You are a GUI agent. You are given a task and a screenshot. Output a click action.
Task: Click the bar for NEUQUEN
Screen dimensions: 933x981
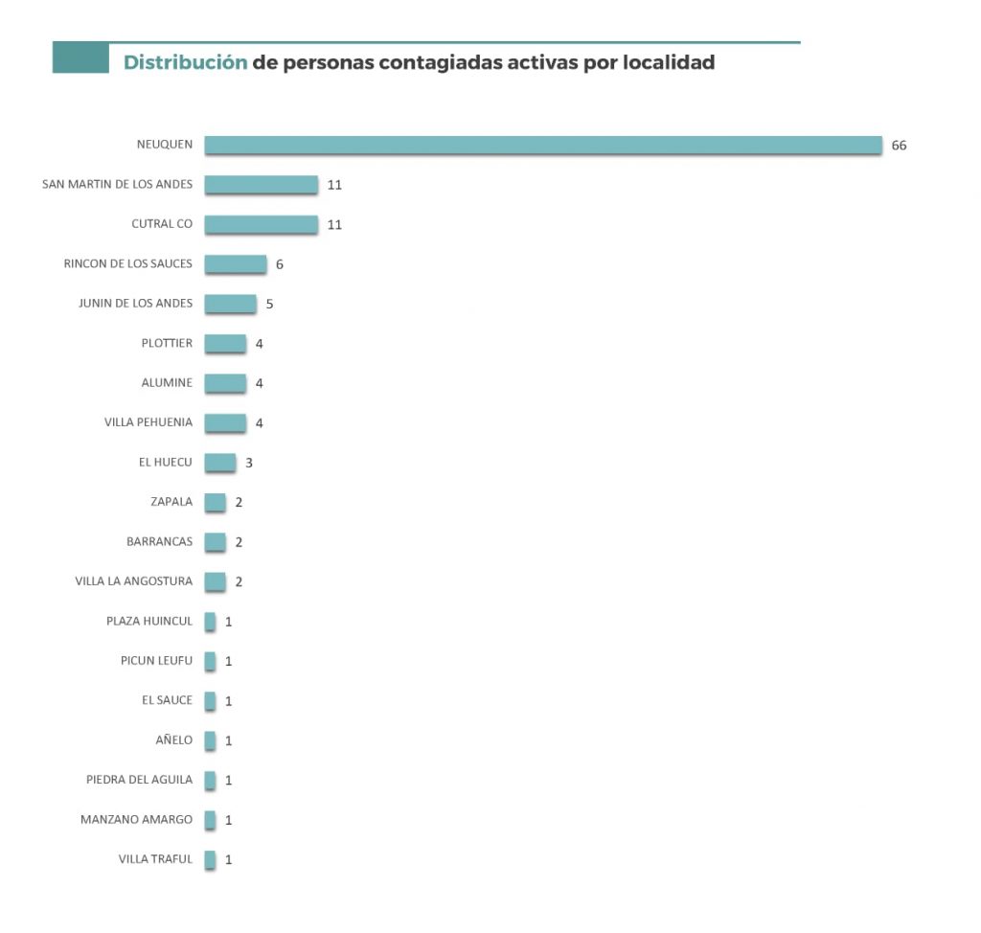542,145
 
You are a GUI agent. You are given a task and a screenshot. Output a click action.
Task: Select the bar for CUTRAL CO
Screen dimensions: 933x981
261,224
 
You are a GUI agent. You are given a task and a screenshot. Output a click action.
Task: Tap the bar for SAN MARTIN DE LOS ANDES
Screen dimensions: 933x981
261,184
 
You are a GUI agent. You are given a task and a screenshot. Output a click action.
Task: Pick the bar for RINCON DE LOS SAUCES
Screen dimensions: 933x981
235,263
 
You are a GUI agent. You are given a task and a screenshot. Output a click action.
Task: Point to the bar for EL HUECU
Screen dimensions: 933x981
219,462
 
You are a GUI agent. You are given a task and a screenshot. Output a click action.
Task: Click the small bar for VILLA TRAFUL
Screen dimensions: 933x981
210,859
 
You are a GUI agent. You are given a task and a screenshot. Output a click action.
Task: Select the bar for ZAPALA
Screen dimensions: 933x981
215,502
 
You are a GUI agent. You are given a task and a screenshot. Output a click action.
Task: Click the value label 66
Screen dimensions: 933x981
899,146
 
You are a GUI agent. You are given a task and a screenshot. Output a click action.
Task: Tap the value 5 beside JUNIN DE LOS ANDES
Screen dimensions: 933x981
270,304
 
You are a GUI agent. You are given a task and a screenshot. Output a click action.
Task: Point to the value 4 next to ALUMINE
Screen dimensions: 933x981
260,383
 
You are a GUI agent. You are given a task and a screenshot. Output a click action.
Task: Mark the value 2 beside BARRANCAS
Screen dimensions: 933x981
239,542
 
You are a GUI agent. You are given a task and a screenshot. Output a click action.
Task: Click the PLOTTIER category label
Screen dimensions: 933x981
167,343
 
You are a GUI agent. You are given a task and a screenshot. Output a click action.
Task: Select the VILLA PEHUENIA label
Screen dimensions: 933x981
148,422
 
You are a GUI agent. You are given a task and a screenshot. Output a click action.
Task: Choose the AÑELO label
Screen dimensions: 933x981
174,740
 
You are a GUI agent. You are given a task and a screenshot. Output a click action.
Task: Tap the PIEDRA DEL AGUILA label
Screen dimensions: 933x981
139,780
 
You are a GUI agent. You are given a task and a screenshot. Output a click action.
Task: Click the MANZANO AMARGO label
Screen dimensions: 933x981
136,820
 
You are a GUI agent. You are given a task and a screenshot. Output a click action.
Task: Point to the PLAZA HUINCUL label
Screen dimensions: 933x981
149,622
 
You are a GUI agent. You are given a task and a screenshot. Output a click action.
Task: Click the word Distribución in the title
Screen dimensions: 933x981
186,63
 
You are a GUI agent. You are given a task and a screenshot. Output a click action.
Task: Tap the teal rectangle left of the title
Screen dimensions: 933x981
80,57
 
